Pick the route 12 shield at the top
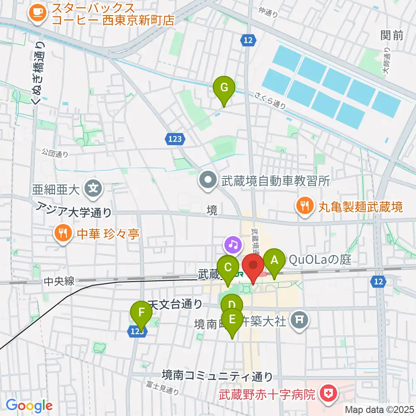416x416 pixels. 247,40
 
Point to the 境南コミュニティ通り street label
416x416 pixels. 218,375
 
